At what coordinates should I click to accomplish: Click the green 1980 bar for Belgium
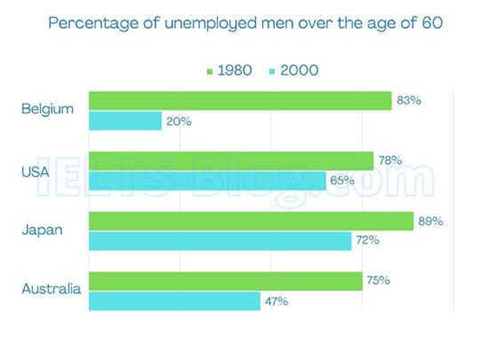click(x=240, y=100)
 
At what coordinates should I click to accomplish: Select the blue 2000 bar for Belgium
click(x=125, y=121)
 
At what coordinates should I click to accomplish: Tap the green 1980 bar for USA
click(x=231, y=161)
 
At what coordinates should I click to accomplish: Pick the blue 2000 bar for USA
click(x=207, y=181)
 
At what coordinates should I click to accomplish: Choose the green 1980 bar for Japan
click(x=251, y=221)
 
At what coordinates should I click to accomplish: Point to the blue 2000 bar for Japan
click(x=220, y=241)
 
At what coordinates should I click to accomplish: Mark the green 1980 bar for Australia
click(x=226, y=281)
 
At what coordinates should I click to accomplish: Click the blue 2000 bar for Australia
click(x=174, y=301)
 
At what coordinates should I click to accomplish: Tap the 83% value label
click(x=409, y=100)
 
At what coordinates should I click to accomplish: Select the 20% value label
click(x=179, y=122)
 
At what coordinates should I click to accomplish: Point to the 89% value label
click(x=431, y=220)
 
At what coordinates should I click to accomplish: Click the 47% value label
click(x=276, y=301)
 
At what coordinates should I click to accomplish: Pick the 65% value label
click(x=342, y=180)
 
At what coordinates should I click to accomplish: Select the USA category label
click(x=34, y=172)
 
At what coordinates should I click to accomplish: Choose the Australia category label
click(x=51, y=289)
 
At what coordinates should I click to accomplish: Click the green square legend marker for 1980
click(x=209, y=69)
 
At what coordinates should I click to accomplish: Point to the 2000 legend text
click(x=300, y=69)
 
